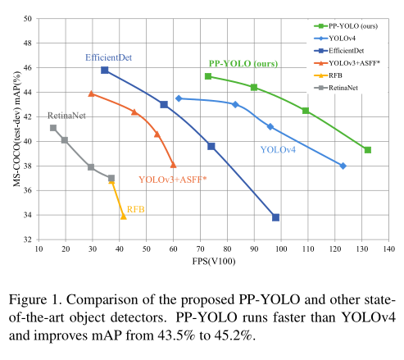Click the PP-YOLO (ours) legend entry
(340, 28)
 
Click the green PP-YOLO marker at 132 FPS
(368, 150)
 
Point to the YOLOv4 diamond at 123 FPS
(343, 166)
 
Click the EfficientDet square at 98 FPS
(276, 217)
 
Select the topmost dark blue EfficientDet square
(105, 70)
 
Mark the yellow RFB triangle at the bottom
(124, 216)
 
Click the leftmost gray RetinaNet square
(53, 127)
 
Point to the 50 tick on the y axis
(29, 18)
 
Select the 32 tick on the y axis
(29, 239)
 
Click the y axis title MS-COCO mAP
(12, 129)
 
